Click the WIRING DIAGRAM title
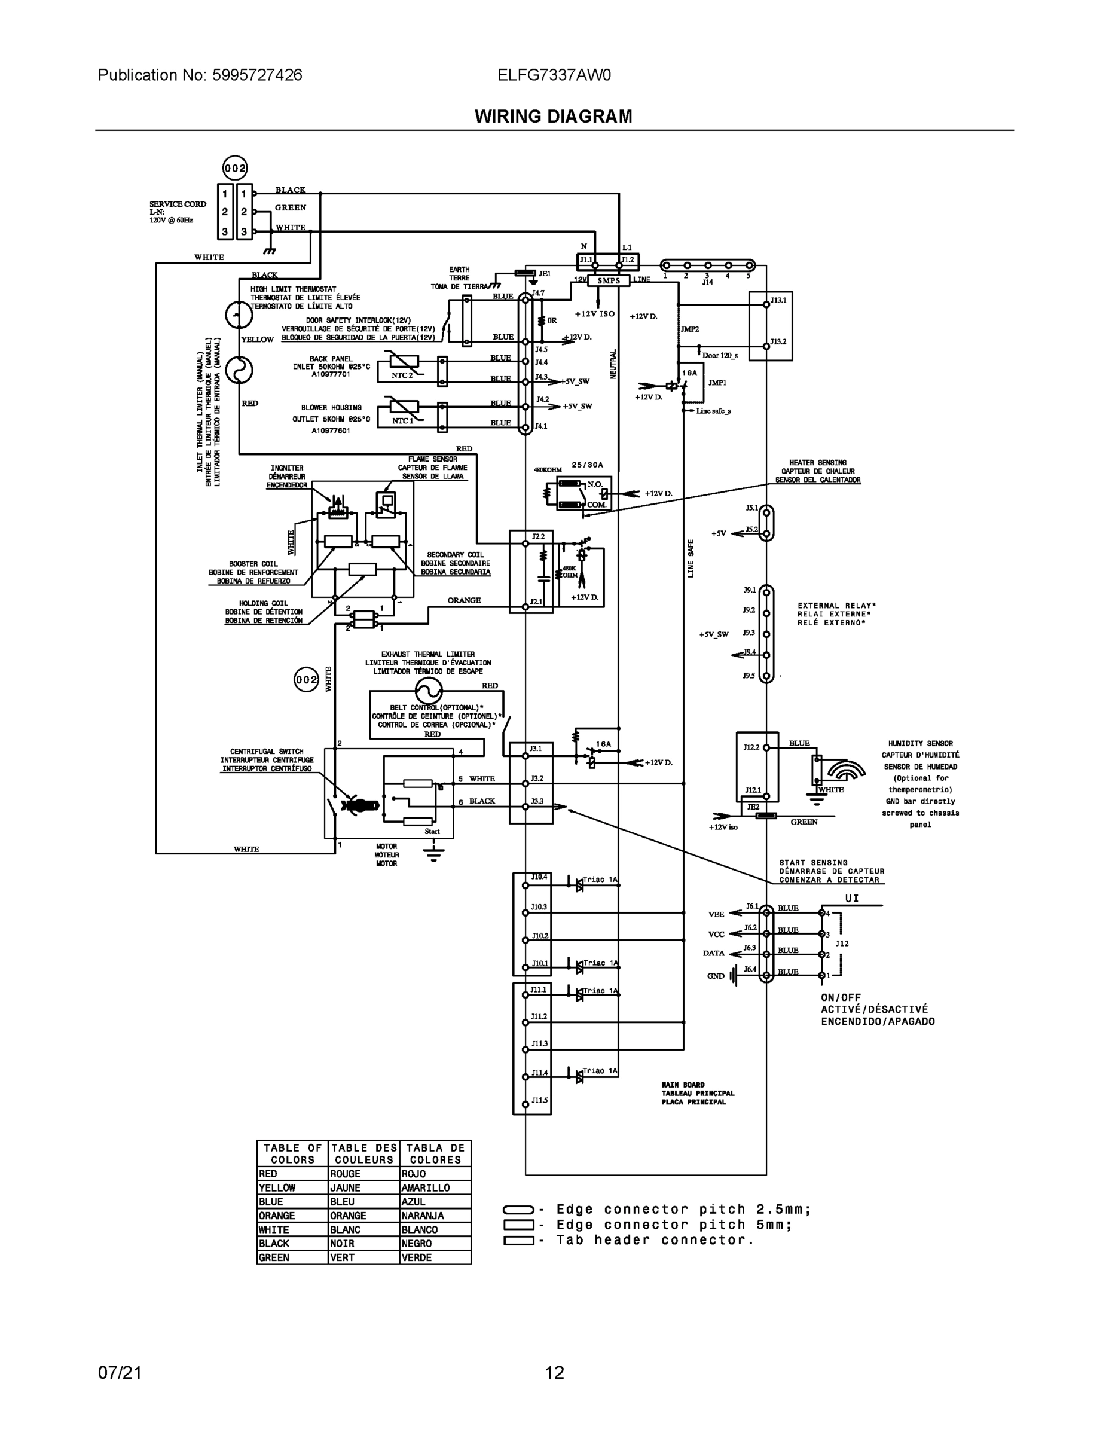pyautogui.click(x=553, y=117)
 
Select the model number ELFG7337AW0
pyautogui.click(x=554, y=75)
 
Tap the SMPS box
pyautogui.click(x=609, y=280)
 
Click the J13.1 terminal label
pyautogui.click(x=778, y=300)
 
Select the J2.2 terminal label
pyautogui.click(x=538, y=537)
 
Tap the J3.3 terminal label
pyautogui.click(x=537, y=801)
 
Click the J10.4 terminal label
pyautogui.click(x=539, y=877)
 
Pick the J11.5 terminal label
pyautogui.click(x=539, y=1100)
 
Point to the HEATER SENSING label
pyautogui.click(x=817, y=463)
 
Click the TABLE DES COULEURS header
pyautogui.click(x=364, y=1154)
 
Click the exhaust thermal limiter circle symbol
pyautogui.click(x=429, y=691)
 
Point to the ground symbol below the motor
pyautogui.click(x=433, y=853)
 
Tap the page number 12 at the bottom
pyautogui.click(x=554, y=1372)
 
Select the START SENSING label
pyautogui.click(x=812, y=863)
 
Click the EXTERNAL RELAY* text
pyautogui.click(x=836, y=606)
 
